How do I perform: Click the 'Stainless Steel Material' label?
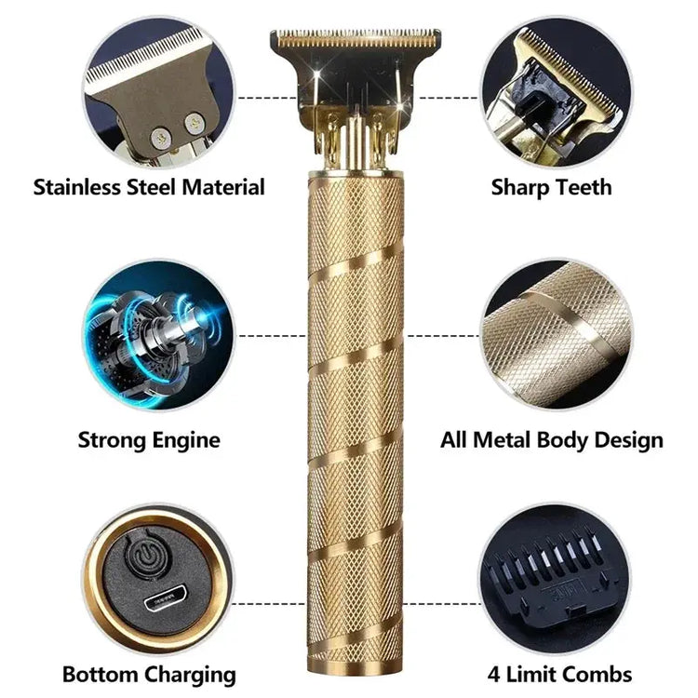pos(149,187)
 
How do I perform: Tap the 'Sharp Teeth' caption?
pos(551,187)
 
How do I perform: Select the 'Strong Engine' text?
pos(149,439)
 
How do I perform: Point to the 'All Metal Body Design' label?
pos(551,439)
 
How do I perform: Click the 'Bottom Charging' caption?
pos(149,674)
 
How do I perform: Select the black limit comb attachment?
pos(551,572)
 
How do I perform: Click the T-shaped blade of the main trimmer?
pos(356,42)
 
